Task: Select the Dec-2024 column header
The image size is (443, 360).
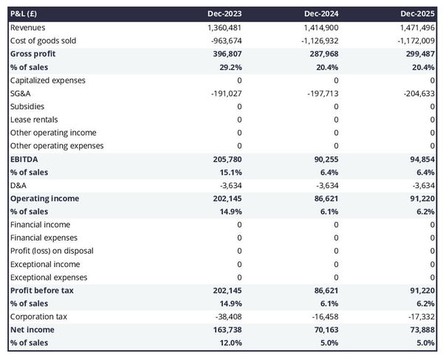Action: (x=323, y=14)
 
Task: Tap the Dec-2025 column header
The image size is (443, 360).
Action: (x=419, y=14)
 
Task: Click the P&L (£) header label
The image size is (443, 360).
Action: (x=26, y=14)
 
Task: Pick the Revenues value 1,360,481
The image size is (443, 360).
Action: (x=220, y=27)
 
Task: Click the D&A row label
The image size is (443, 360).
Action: (x=18, y=185)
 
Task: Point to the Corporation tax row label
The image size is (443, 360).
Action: (x=38, y=316)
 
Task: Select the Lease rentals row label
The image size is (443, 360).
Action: (x=34, y=120)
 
